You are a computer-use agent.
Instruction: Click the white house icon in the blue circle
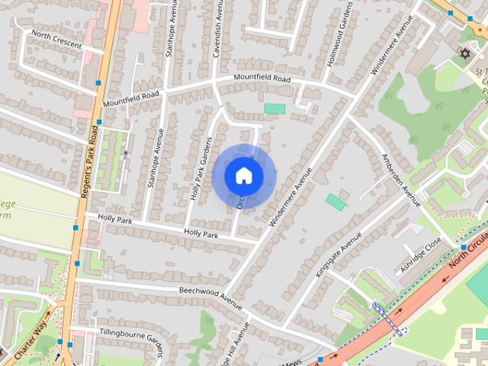[243, 175]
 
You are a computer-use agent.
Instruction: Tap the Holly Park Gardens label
[200, 169]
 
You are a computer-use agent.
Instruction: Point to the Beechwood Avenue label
[210, 297]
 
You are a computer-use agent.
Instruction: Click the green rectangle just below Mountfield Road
[274, 109]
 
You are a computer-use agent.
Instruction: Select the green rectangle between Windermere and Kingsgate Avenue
[335, 202]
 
